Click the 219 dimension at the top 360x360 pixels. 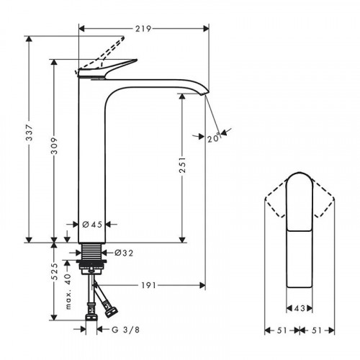[x=143, y=30]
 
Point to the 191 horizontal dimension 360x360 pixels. [x=148, y=287]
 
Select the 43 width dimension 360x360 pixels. [x=300, y=309]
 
